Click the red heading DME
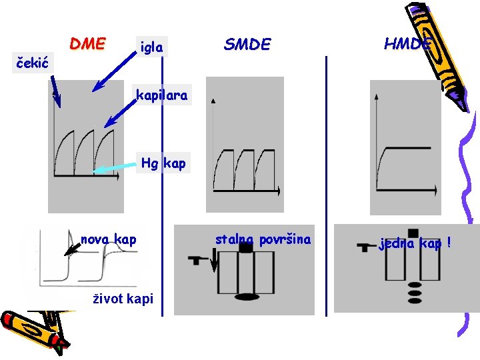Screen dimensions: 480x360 (87, 44)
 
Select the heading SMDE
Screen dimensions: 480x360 (247, 45)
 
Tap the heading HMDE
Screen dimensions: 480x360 (407, 44)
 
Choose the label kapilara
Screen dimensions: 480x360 (162, 96)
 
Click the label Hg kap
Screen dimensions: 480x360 (163, 163)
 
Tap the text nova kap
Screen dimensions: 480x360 (108, 239)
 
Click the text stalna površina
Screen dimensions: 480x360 (263, 239)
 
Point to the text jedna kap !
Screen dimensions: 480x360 (415, 243)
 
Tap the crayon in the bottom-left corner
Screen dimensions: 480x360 (33, 329)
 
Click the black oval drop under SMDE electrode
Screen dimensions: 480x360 (245, 296)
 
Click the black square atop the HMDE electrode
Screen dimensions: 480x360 (413, 233)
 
